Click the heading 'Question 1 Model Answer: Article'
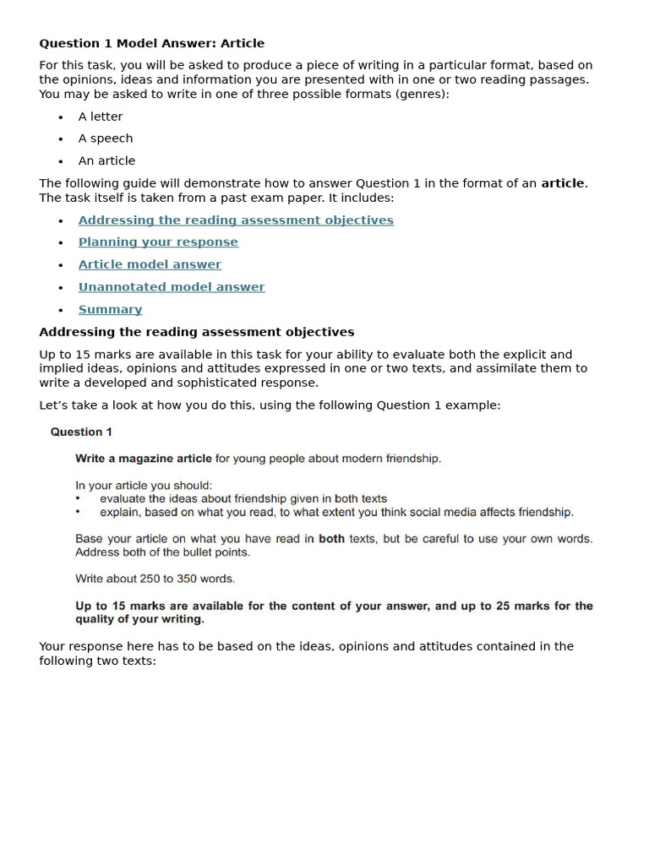[151, 43]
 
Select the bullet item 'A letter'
[101, 117]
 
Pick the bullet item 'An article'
[106, 160]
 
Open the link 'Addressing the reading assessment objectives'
[236, 220]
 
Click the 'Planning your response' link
[158, 242]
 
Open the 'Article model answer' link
[150, 264]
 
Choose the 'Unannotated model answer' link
[172, 287]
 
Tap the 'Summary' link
[110, 309]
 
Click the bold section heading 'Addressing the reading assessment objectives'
[196, 332]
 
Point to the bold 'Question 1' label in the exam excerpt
[81, 432]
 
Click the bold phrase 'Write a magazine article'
[144, 459]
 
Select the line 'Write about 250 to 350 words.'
[155, 579]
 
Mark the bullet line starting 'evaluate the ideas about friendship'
[243, 499]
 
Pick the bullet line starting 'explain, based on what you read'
[336, 512]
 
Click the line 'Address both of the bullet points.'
[162, 552]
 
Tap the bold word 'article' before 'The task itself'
[563, 183]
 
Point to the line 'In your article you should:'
[144, 486]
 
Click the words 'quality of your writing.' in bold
[140, 619]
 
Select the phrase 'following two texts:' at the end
[98, 661]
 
